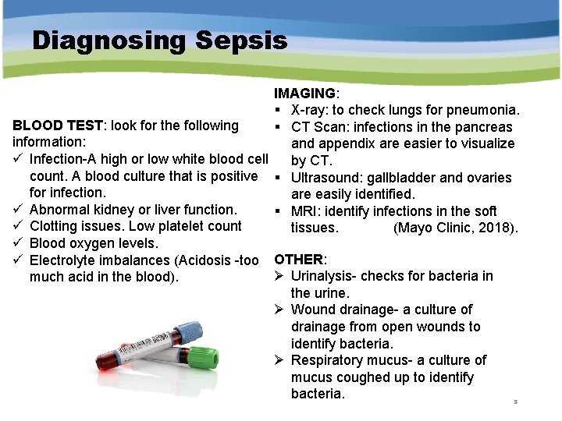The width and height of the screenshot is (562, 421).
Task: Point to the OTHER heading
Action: pyautogui.click(x=299, y=259)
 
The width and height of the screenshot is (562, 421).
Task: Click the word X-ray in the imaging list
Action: pyautogui.click(x=310, y=110)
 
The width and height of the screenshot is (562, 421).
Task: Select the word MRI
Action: pyautogui.click(x=304, y=211)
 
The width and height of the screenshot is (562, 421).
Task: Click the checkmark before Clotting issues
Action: pyautogui.click(x=18, y=227)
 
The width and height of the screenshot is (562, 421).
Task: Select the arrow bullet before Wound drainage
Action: pyautogui.click(x=279, y=310)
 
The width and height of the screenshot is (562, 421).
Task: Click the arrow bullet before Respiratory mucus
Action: pyautogui.click(x=279, y=360)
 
